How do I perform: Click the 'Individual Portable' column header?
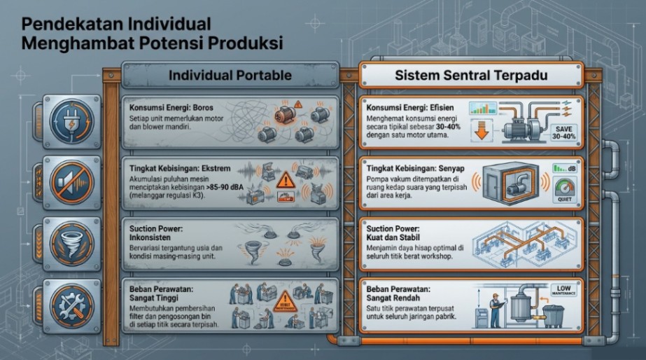click(x=231, y=76)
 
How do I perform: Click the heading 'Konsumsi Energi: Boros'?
click(x=171, y=108)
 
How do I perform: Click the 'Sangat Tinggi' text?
click(x=155, y=297)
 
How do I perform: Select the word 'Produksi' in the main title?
click(x=243, y=43)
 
